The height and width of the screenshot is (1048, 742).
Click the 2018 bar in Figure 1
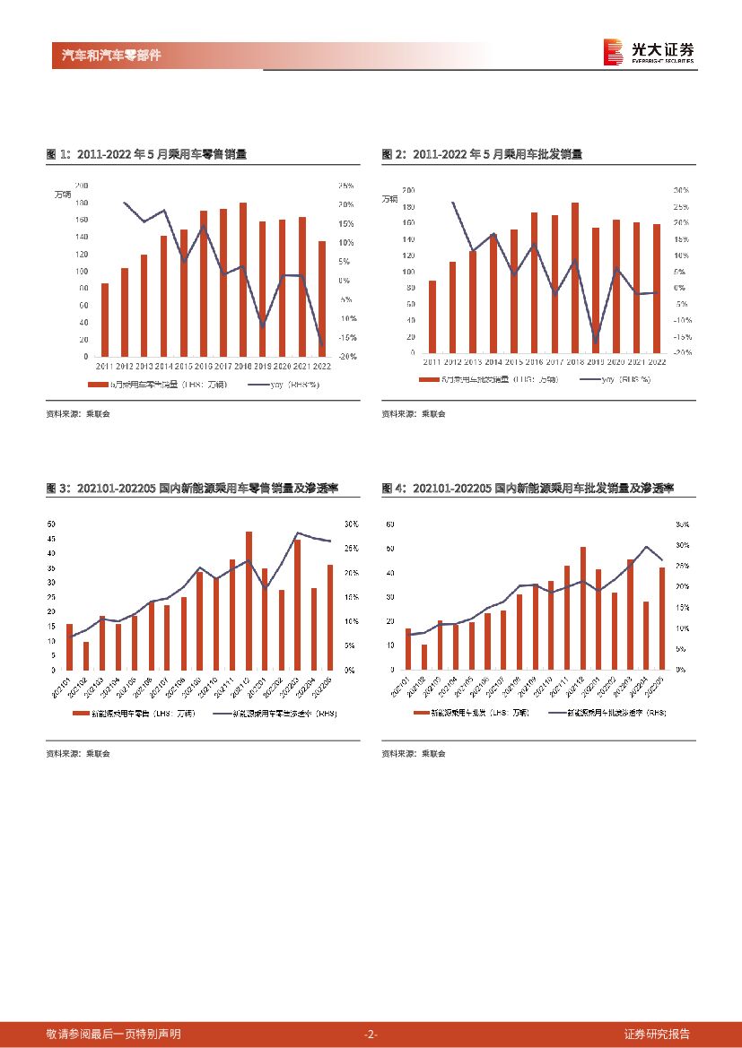243,280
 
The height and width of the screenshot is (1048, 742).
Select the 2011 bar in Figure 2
432,316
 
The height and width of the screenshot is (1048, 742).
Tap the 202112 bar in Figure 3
249,601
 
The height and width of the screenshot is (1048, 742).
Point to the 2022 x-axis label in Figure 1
321,366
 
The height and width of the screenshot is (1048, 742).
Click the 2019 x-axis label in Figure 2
595,361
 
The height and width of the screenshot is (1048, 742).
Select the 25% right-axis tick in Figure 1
345,186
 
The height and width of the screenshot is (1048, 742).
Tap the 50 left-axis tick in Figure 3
51,524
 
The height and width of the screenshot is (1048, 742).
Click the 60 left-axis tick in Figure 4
388,524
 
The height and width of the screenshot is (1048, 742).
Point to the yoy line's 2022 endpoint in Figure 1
321,343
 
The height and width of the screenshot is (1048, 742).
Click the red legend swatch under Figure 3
84,713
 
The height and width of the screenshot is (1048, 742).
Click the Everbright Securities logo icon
614,52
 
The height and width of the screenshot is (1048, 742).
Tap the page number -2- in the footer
371,1034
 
